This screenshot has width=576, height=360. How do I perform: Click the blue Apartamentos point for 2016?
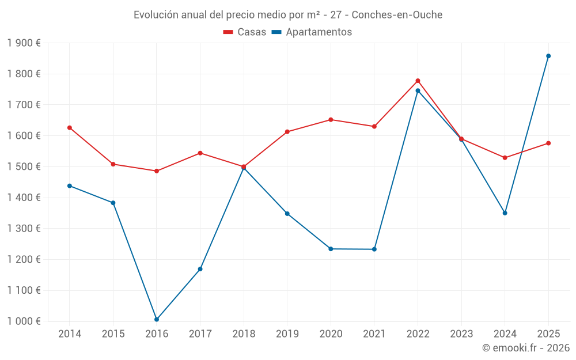[x=157, y=319]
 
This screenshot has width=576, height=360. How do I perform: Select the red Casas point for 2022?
[x=418, y=81]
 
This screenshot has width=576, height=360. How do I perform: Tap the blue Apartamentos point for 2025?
[x=548, y=56]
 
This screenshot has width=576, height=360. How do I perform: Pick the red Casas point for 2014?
[x=70, y=128]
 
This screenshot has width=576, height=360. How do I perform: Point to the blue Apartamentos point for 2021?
[x=374, y=249]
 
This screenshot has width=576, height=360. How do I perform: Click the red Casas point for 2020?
[x=331, y=120]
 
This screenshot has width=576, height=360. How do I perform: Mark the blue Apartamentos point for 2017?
[x=200, y=269]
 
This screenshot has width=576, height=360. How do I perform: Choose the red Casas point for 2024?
[x=505, y=158]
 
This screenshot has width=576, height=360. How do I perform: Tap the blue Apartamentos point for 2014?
[x=70, y=186]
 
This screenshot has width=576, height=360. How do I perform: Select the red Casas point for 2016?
[x=157, y=171]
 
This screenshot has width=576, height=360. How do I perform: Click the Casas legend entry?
[x=245, y=32]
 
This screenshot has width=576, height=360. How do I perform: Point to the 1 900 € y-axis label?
[x=24, y=43]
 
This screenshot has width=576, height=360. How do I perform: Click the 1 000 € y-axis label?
[x=24, y=321]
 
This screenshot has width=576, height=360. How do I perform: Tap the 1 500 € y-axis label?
[x=24, y=167]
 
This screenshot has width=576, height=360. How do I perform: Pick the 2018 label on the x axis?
[x=244, y=334]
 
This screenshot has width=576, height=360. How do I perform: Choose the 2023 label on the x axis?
[x=461, y=334]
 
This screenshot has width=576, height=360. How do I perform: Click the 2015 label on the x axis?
[x=113, y=334]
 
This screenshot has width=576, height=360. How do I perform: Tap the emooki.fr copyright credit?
[x=526, y=348]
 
